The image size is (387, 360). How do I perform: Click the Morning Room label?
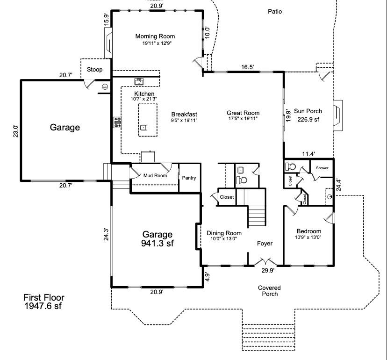pos(155,36)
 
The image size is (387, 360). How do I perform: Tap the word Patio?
pos(275,12)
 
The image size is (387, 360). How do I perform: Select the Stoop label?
pos(95,70)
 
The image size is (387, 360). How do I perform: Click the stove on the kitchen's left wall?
pos(117,122)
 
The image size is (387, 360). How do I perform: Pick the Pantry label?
pos(189,178)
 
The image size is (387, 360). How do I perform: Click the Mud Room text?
pos(155,176)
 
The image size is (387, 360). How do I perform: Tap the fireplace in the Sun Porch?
pos(337,114)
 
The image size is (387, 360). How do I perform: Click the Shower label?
pos(322,168)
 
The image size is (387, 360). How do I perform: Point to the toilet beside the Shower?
pos(290,166)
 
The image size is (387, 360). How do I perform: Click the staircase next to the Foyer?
pos(256,216)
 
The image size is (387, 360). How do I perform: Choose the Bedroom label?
pos(309,231)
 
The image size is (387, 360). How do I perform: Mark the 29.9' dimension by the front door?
pos(267,270)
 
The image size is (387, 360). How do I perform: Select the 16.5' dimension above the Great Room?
pos(247,67)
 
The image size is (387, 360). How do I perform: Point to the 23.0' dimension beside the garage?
pos(15,130)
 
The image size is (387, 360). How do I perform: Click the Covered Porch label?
pos(270,290)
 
